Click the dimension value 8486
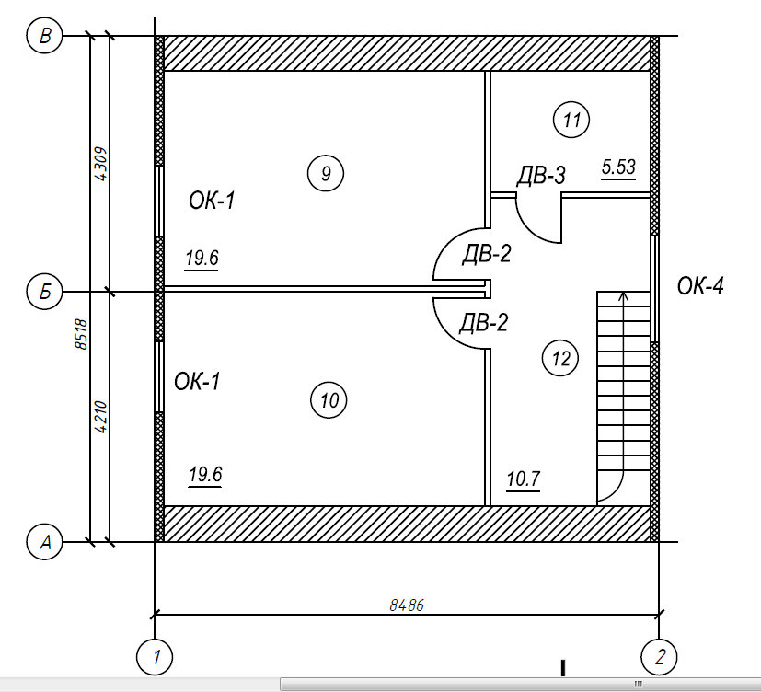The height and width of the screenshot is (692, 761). point(407,605)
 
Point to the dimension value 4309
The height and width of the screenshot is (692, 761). point(100,164)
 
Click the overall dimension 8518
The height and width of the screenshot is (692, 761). point(81,334)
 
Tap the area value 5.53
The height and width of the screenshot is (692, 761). point(618,167)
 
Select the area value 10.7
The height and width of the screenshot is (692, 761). point(524,479)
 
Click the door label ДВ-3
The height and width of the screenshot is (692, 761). point(541,175)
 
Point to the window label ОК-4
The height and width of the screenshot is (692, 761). point(700,286)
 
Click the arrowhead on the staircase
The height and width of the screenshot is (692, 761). point(624,295)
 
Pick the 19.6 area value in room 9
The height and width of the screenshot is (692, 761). point(202,258)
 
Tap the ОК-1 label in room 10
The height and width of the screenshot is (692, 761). point(197,381)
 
